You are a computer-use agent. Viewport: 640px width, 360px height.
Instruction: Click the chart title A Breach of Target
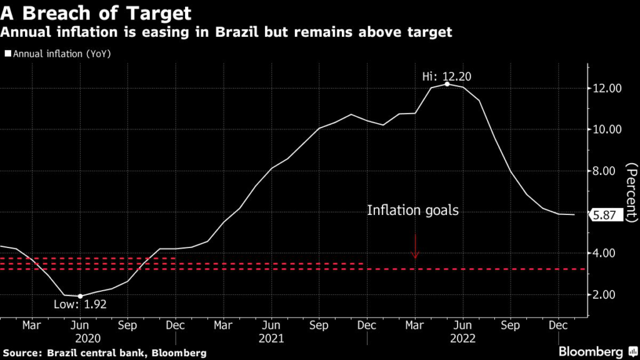coord(95,12)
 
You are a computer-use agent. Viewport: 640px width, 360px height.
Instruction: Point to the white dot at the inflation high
coord(447,84)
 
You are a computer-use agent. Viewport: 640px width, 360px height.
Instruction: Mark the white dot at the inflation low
coord(80,296)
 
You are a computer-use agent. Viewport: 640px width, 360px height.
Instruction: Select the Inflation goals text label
coord(412,211)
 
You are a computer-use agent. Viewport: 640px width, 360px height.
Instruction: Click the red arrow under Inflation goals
coord(415,247)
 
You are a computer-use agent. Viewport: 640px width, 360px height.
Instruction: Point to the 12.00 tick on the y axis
coord(606,89)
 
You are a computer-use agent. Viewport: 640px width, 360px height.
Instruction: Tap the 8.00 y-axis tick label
coord(606,171)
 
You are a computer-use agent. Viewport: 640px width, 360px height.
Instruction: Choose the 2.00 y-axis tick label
coord(606,294)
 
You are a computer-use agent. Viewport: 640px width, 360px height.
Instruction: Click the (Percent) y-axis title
coord(631,192)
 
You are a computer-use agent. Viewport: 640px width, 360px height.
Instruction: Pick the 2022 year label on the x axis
coord(462,338)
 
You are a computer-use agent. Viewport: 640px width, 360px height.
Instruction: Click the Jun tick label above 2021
coord(271,326)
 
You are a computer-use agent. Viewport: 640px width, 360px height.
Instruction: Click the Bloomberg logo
coord(594,351)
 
